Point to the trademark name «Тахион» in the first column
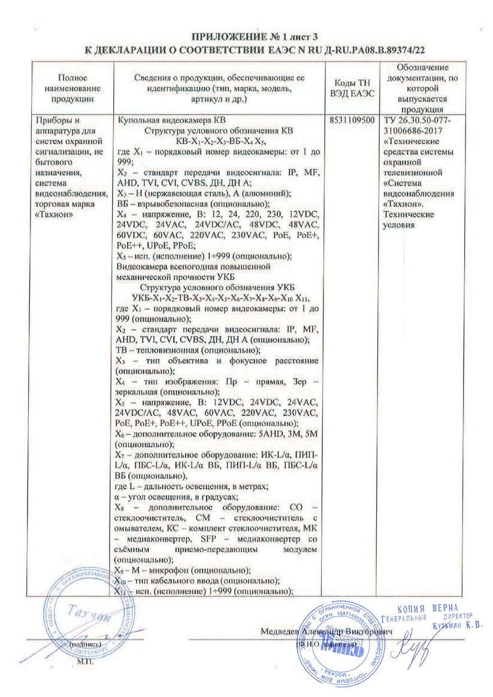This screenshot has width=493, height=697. [56, 215]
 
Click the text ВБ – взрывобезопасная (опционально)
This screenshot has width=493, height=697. [191, 204]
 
